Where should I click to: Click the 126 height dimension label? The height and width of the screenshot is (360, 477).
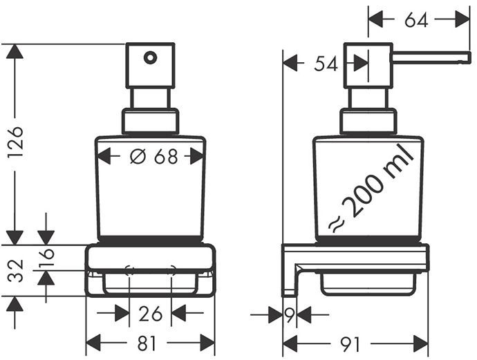(15, 142)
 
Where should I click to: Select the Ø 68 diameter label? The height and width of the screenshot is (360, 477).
(153, 157)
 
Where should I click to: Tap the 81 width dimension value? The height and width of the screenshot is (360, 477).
(147, 343)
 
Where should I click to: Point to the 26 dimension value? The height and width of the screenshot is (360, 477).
(151, 314)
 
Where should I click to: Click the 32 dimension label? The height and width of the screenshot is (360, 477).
(15, 271)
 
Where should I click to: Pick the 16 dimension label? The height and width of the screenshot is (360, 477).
(46, 257)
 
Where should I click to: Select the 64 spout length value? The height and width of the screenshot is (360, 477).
(416, 20)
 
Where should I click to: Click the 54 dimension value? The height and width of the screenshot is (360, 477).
(326, 64)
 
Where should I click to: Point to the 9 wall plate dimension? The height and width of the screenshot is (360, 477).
(290, 314)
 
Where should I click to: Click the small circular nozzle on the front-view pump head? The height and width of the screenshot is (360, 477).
(150, 57)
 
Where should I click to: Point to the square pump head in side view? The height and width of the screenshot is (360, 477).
(368, 66)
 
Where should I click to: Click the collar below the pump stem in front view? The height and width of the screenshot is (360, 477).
(150, 122)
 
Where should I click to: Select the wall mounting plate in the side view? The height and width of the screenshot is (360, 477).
(289, 270)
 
